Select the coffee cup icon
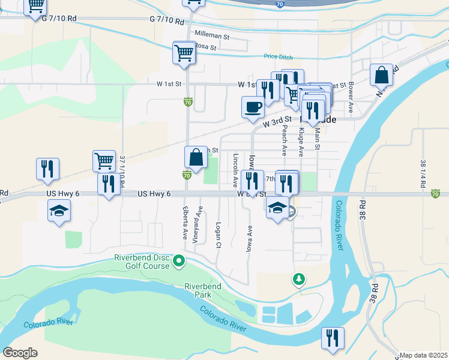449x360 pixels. pos(253,107)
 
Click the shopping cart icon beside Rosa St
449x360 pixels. pos(184,52)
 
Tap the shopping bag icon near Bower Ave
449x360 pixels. pos(381,75)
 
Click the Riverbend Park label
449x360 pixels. pos(202,290)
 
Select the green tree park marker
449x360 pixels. pos(298,279)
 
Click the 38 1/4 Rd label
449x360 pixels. pos(423,171)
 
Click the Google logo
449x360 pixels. pos(20,353)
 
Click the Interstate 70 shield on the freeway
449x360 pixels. pos(280,4)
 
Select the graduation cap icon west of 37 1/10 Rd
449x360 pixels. pos(59,211)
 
